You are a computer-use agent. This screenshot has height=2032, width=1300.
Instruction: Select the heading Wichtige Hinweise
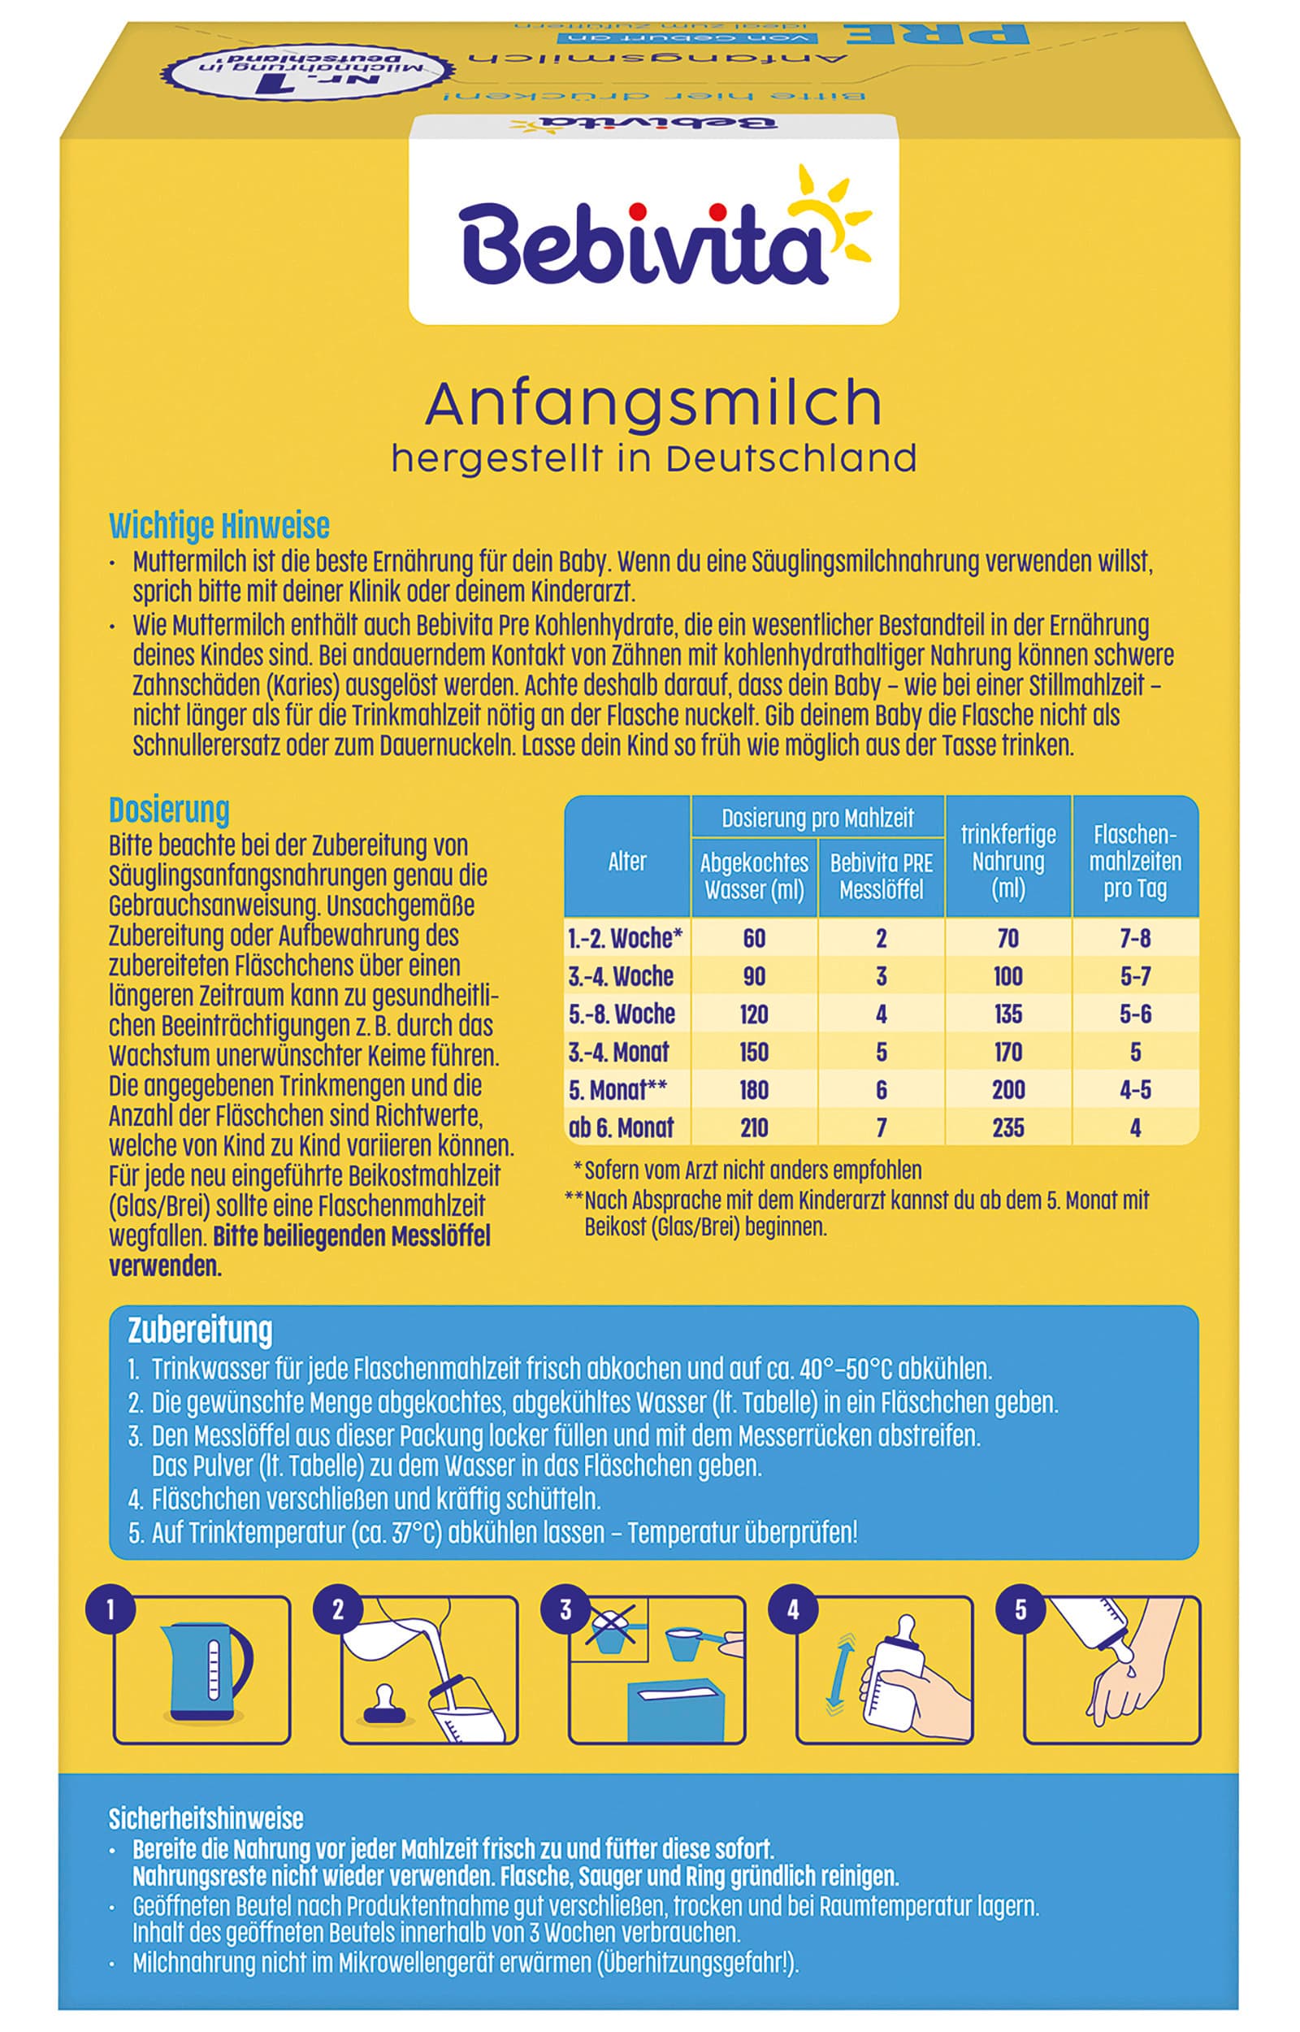(x=219, y=526)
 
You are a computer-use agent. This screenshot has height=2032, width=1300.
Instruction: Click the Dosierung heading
(x=169, y=810)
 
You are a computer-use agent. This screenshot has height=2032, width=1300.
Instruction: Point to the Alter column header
(x=626, y=861)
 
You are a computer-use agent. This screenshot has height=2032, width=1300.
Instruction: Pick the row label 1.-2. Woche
(x=625, y=938)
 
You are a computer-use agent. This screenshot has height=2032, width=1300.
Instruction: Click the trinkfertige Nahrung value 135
(x=1008, y=1014)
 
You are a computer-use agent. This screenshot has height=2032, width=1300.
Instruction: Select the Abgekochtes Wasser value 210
(x=754, y=1128)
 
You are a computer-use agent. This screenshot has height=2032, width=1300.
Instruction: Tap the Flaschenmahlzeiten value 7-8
(x=1134, y=938)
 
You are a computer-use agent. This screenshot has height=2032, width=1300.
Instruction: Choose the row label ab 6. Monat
(x=622, y=1128)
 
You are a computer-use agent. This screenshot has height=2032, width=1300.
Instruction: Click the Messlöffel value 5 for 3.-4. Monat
(x=882, y=1052)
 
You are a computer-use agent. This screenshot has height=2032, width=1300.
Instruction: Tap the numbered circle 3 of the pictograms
(x=565, y=1610)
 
